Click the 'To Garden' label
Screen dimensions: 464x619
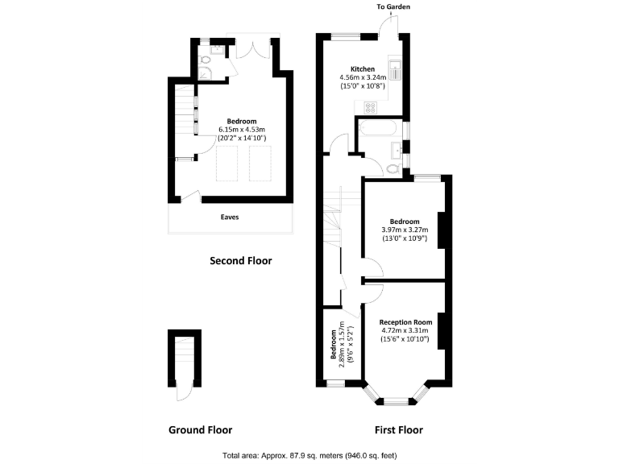(x=393, y=7)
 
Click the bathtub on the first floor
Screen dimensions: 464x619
(x=377, y=129)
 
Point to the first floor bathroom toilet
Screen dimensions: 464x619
(x=393, y=168)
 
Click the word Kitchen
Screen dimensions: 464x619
(x=361, y=68)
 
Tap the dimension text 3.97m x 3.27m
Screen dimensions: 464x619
(x=405, y=230)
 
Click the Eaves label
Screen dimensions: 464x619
(x=231, y=217)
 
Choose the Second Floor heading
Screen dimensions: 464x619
(x=240, y=261)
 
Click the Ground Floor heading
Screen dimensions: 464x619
(x=200, y=429)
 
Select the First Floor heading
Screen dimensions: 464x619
(x=398, y=429)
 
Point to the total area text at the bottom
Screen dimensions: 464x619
(x=309, y=455)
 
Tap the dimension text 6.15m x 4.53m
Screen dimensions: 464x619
(x=242, y=129)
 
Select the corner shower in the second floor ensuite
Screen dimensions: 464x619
(x=205, y=74)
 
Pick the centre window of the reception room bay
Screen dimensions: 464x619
(x=395, y=400)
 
